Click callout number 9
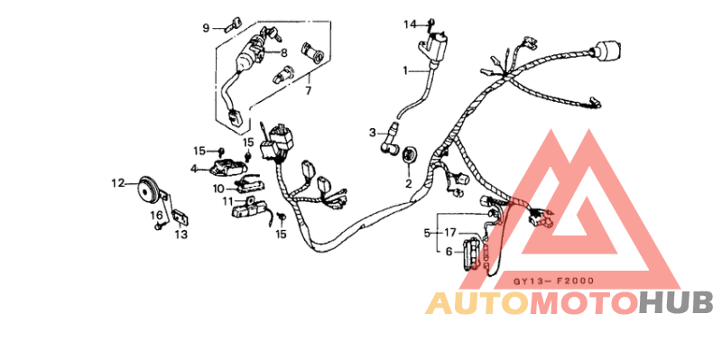point(206,28)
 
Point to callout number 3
point(372,133)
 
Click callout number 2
point(407,184)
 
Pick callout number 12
point(117,183)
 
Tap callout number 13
point(180,235)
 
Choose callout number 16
point(155,215)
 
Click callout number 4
point(194,168)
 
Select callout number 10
point(218,189)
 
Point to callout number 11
point(228,200)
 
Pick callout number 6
point(449,252)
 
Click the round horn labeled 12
point(143,190)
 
